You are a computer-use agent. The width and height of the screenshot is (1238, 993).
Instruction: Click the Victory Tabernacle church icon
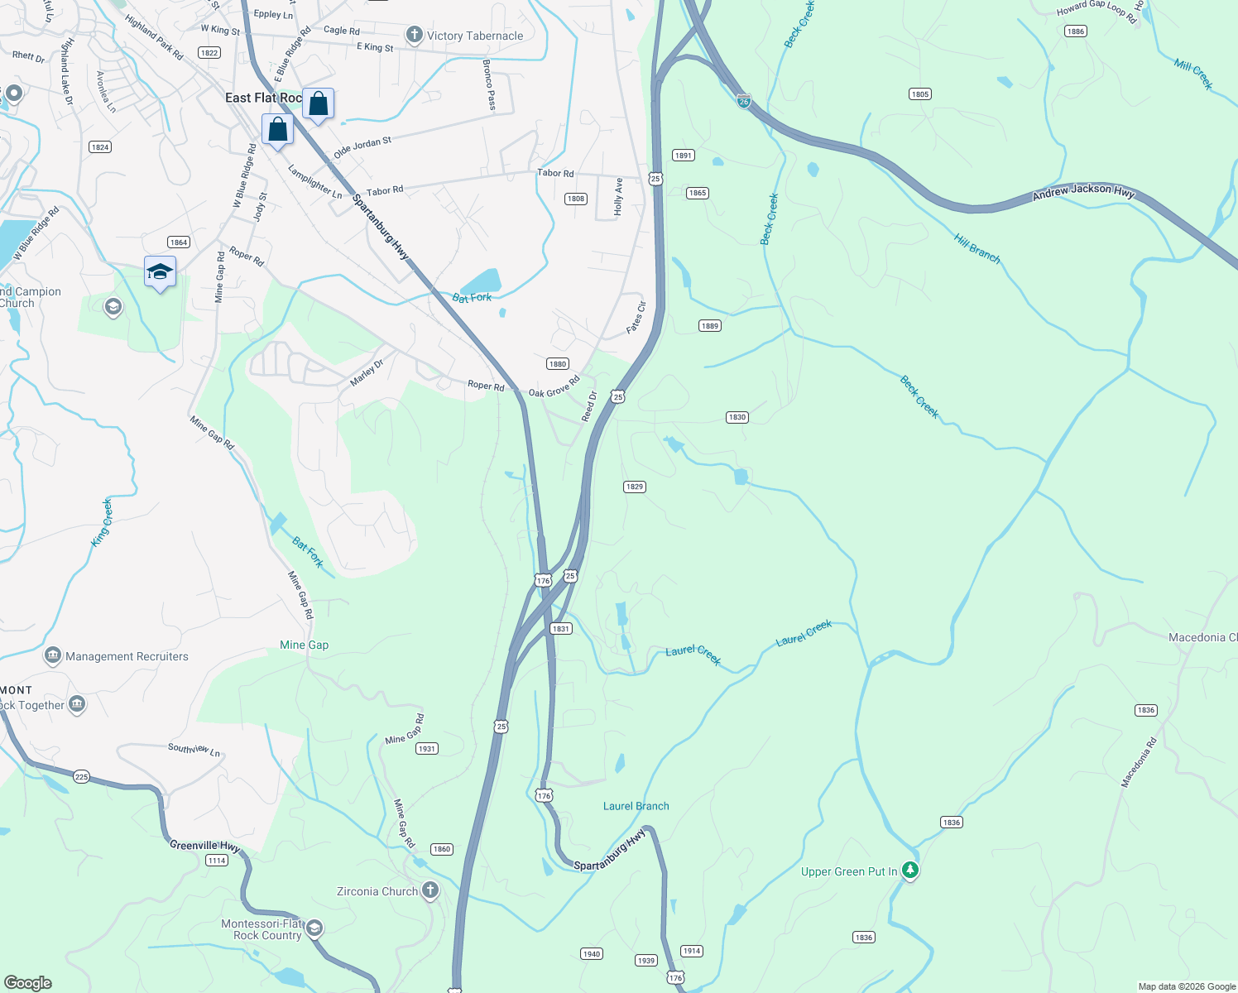tap(414, 35)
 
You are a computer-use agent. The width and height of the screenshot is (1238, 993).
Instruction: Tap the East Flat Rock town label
tap(263, 98)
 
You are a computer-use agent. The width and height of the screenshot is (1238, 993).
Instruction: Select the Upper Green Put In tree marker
tap(910, 871)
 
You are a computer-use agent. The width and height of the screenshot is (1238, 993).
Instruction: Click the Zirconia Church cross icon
tap(429, 890)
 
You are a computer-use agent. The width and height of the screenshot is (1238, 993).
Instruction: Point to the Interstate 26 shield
tap(744, 101)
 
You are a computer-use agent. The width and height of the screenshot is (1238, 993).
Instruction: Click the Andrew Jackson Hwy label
tap(1083, 192)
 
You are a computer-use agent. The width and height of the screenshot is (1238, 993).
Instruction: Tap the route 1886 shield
tap(1075, 31)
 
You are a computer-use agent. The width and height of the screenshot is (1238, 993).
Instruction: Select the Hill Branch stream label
tap(976, 248)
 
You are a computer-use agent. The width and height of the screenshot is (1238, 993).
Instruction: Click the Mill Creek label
tap(1193, 74)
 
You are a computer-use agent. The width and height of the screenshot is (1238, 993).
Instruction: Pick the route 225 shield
tap(81, 776)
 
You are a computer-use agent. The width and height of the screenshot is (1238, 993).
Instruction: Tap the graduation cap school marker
tap(160, 271)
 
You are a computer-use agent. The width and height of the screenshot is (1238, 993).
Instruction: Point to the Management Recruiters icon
tap(53, 656)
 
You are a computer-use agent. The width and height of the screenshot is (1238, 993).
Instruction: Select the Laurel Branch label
tap(636, 806)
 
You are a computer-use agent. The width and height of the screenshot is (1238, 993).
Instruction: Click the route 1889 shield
tap(709, 325)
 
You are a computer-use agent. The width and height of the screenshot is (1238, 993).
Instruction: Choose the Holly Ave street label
tap(618, 196)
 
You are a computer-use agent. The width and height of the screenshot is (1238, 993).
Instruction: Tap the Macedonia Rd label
tap(1139, 762)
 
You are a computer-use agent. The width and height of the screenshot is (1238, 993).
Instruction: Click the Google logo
tap(28, 982)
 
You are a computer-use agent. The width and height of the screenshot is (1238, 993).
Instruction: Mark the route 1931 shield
tap(426, 748)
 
